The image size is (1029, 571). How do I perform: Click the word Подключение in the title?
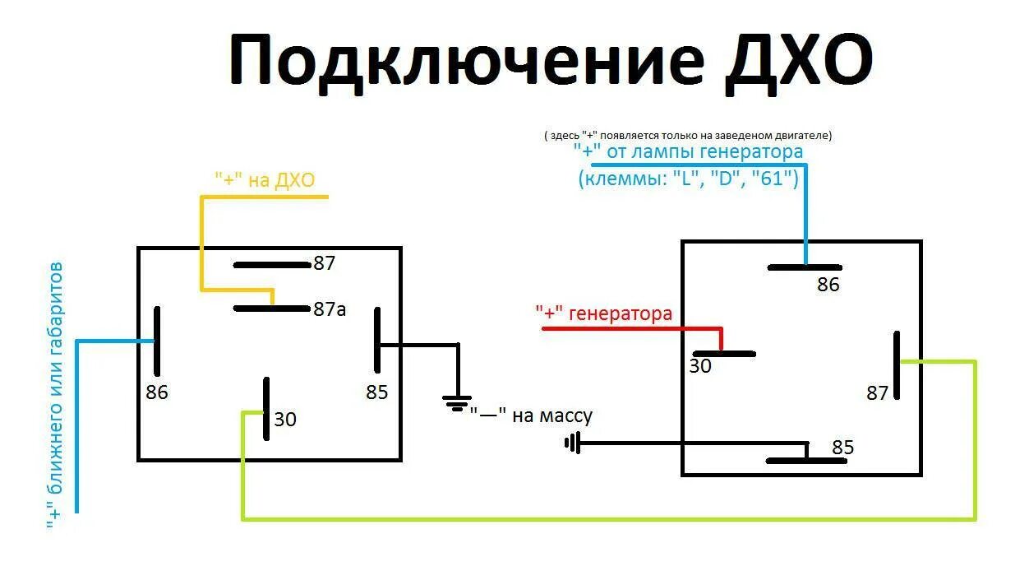point(464,63)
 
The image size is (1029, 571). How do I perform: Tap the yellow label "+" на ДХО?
point(265,180)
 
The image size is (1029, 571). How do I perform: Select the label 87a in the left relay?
point(330,309)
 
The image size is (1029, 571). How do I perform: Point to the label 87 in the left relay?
point(325,264)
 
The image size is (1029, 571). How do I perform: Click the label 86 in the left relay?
point(157,392)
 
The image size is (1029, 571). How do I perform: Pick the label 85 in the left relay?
point(377,392)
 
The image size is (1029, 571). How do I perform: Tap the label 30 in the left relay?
point(285,420)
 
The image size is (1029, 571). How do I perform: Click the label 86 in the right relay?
point(828,285)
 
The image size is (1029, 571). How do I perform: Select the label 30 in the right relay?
point(700,366)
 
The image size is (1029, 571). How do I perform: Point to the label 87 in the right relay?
point(878,393)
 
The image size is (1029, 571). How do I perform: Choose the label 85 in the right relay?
point(843,448)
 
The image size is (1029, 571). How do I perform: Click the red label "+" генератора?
point(604,313)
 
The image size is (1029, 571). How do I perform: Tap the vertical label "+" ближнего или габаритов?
point(55,395)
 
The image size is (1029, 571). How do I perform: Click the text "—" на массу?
point(531,416)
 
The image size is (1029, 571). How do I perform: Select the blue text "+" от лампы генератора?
point(688,152)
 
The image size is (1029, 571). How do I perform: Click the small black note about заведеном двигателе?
point(688,135)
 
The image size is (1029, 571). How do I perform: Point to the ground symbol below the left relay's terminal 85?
point(458,402)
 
